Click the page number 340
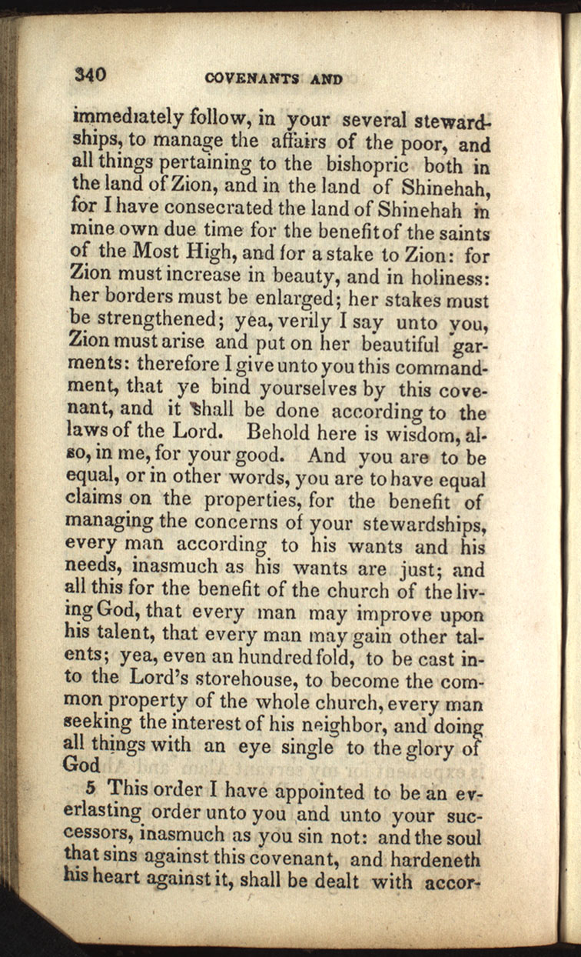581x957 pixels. click(x=89, y=75)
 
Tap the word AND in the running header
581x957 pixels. click(x=325, y=78)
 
